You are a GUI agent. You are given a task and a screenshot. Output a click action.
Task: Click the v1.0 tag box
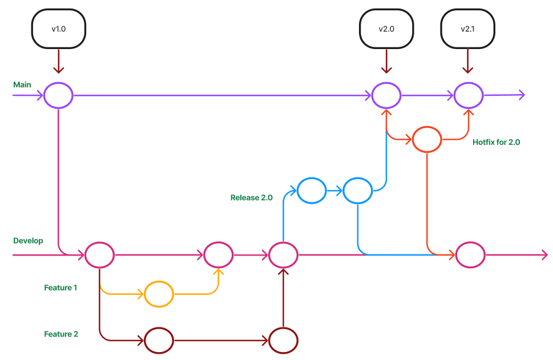(x=59, y=29)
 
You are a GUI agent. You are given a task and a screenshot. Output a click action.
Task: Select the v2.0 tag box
(x=386, y=29)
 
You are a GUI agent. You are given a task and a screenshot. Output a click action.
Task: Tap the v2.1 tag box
(x=467, y=29)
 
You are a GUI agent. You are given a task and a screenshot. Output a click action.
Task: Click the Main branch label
(x=22, y=84)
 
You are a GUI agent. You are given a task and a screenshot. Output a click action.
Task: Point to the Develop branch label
(x=28, y=241)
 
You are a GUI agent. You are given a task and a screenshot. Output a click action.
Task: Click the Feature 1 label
(x=60, y=288)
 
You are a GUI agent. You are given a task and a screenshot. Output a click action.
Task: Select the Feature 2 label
(x=61, y=334)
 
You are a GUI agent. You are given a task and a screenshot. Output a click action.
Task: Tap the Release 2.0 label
(x=251, y=198)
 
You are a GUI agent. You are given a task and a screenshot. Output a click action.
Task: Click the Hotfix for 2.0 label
(x=496, y=143)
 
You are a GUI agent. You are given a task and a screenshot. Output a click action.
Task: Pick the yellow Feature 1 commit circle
(x=159, y=294)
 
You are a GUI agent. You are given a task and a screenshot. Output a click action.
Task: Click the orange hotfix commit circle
(x=427, y=139)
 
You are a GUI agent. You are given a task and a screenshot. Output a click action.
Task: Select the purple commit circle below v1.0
(x=58, y=95)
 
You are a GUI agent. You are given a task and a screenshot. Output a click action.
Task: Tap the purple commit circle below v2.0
(x=386, y=95)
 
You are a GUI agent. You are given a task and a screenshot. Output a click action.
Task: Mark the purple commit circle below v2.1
(x=468, y=95)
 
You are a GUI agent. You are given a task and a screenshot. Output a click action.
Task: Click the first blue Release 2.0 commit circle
(x=312, y=191)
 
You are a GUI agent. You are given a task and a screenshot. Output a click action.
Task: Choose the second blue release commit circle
(x=358, y=191)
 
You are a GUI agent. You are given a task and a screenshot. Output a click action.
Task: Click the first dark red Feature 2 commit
(x=159, y=341)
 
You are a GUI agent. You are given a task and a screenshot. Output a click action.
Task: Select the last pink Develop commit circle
(x=470, y=254)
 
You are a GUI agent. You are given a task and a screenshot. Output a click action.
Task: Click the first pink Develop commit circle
(x=99, y=254)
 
